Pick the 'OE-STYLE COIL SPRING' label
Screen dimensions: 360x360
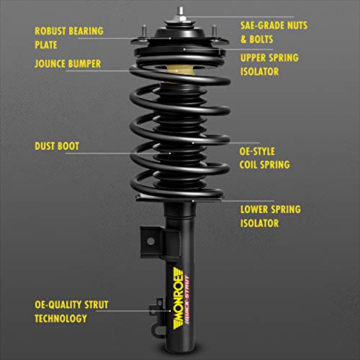[265, 158]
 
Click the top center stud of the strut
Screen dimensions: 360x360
[174, 13]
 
